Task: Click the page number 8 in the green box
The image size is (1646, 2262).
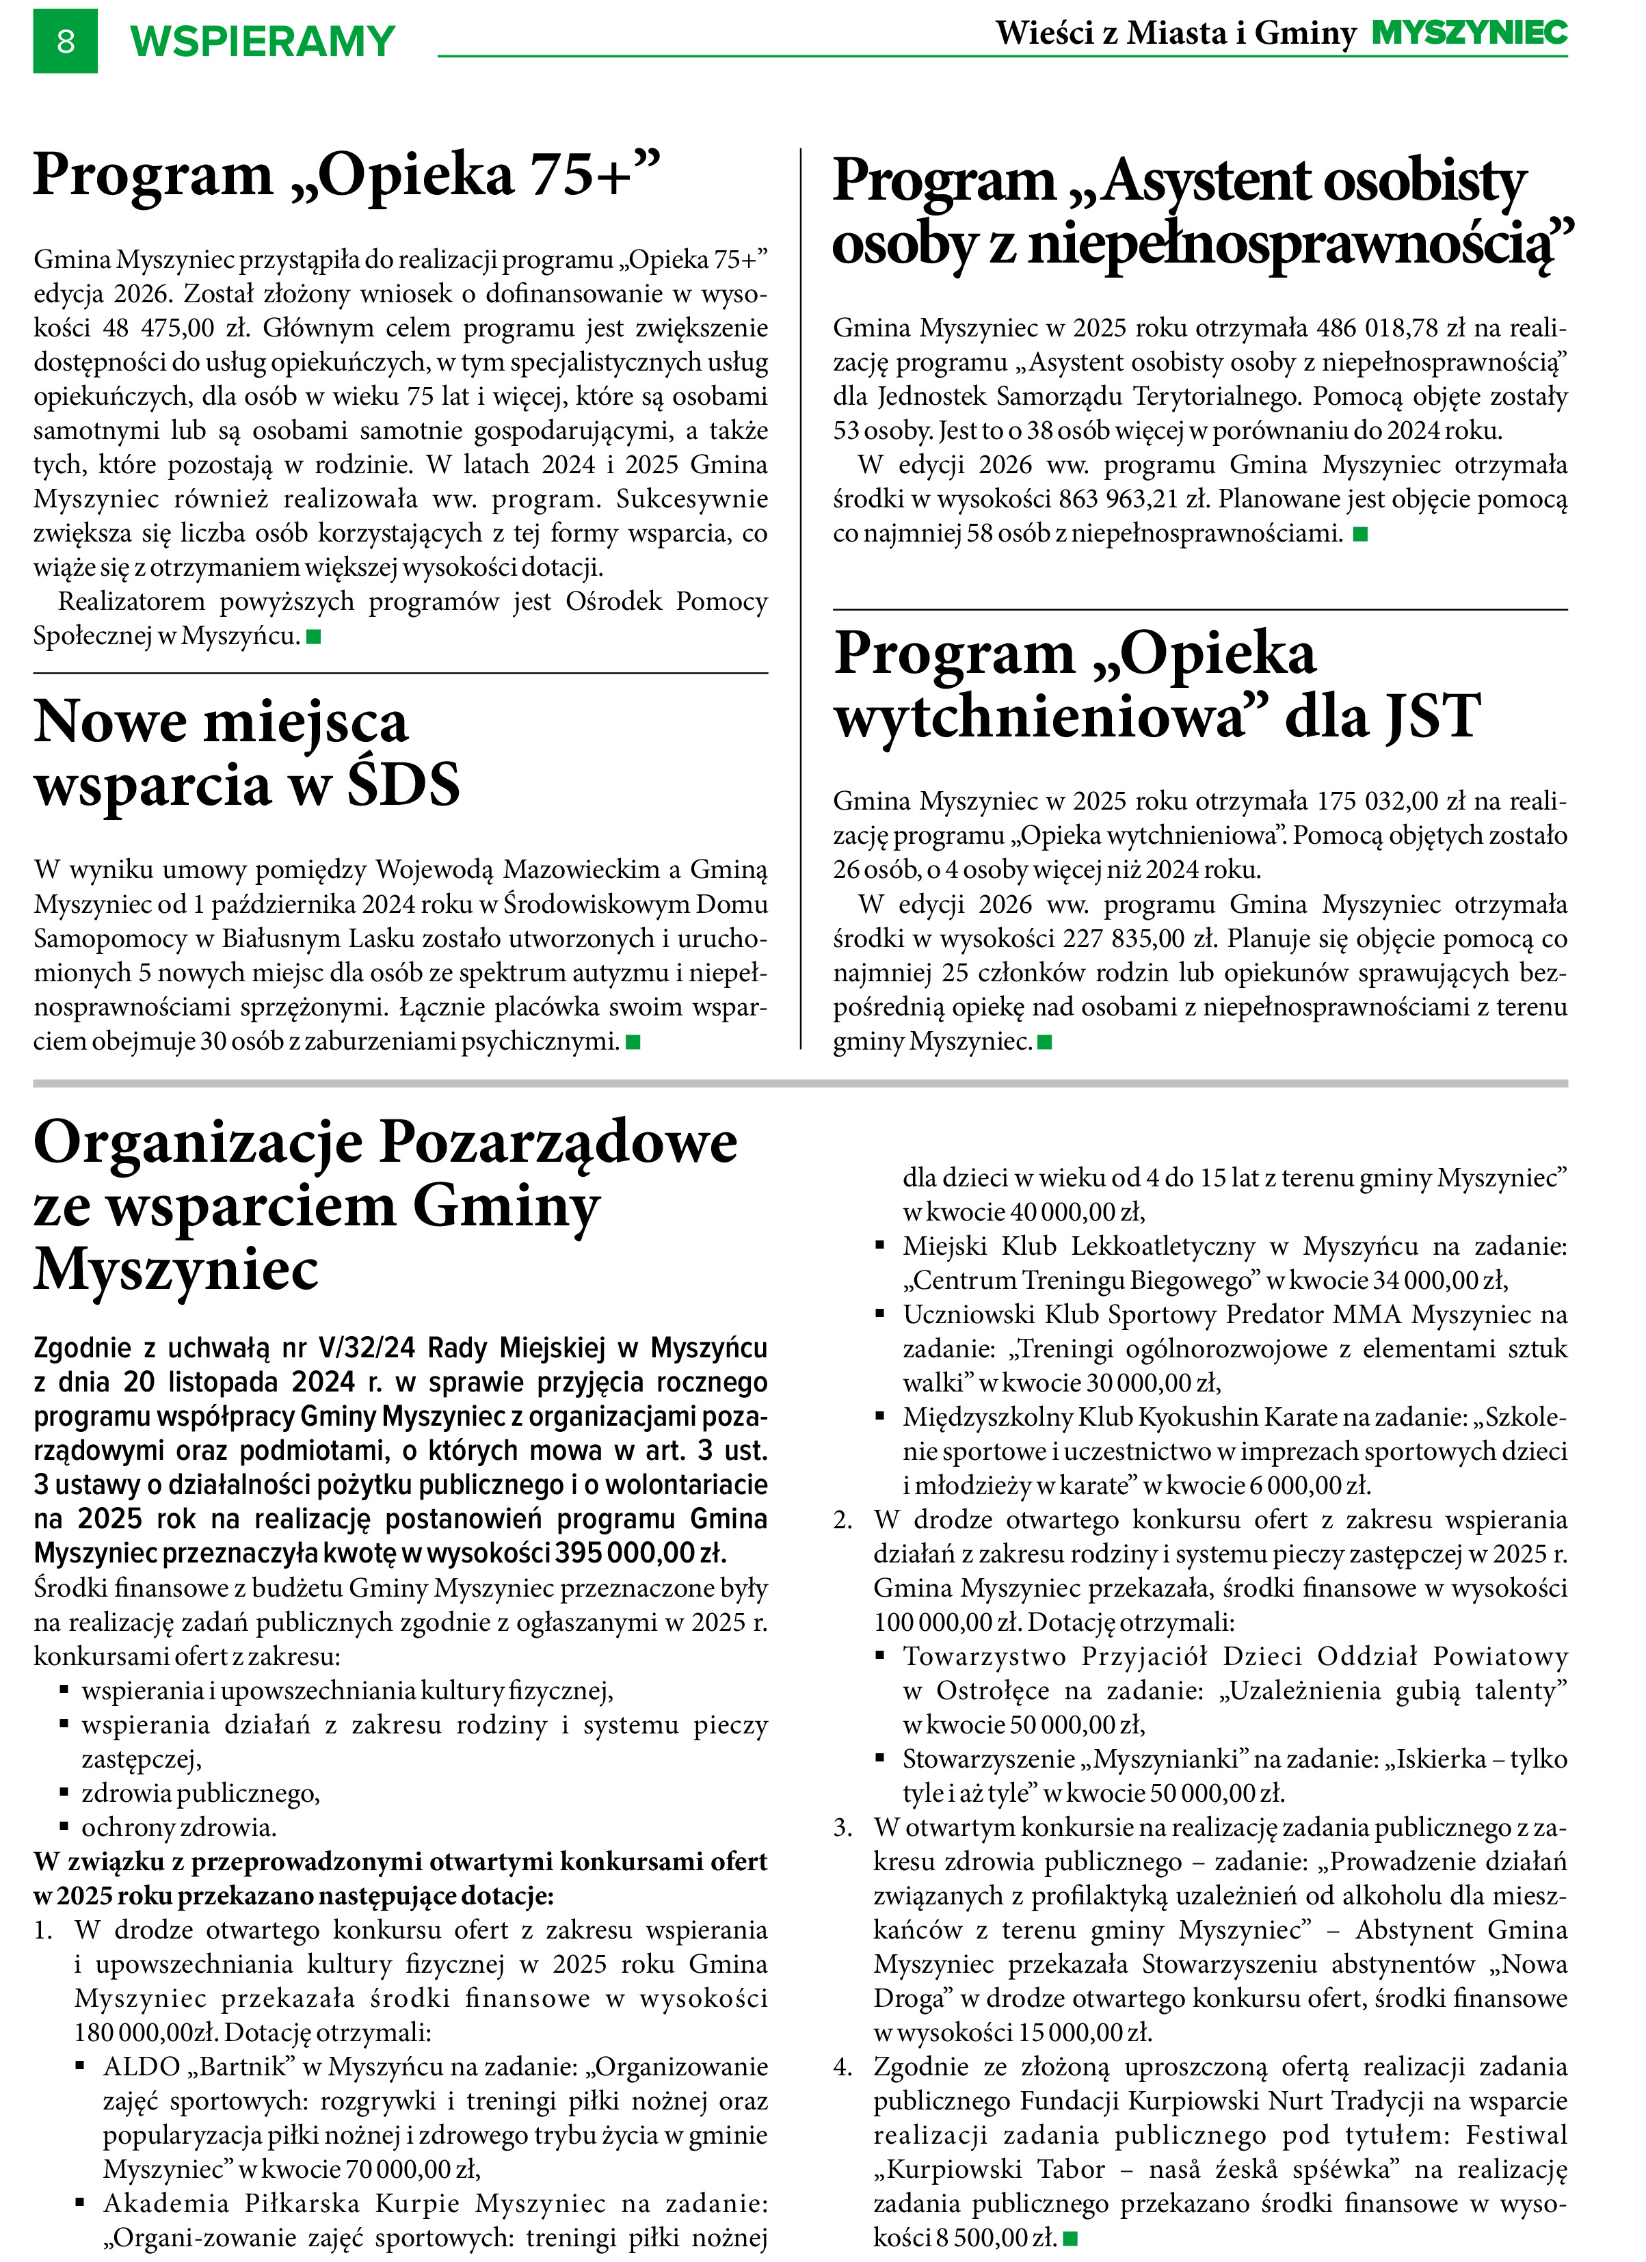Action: (66, 41)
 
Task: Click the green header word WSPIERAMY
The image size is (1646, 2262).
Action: (263, 42)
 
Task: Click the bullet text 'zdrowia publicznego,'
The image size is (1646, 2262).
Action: (200, 1793)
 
